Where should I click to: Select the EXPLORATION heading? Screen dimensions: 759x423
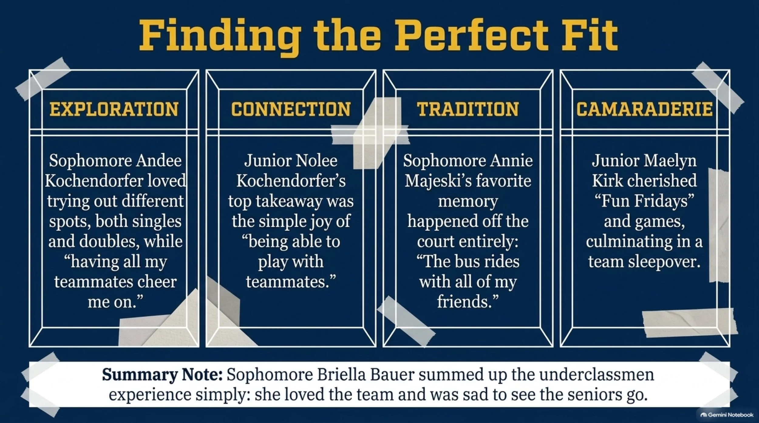tap(114, 109)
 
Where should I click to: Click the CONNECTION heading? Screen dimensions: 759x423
tap(291, 109)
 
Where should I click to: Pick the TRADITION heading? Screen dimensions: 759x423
tap(468, 109)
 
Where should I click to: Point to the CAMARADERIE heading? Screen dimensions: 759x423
tap(645, 109)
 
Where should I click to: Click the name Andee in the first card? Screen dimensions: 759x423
tap(158, 160)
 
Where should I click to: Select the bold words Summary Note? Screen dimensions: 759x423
tap(162, 375)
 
